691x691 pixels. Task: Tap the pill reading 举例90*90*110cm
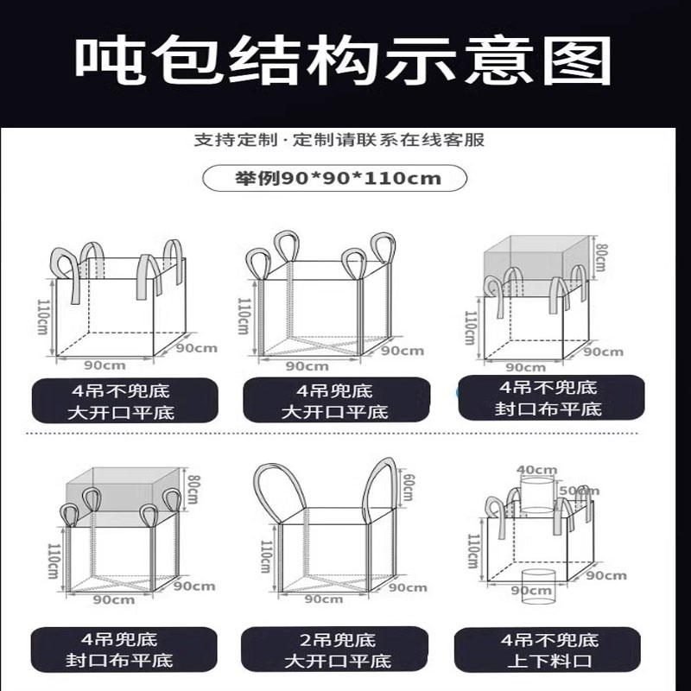click(338, 179)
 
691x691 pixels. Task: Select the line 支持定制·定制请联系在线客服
click(345, 139)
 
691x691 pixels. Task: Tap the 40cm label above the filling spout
click(536, 471)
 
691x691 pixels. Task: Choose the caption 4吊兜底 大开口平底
click(337, 401)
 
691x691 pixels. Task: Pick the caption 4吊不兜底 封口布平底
click(551, 398)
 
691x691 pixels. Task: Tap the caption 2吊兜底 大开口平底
click(337, 650)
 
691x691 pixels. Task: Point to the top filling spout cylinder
click(536, 497)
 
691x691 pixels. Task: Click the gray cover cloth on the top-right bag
click(536, 259)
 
